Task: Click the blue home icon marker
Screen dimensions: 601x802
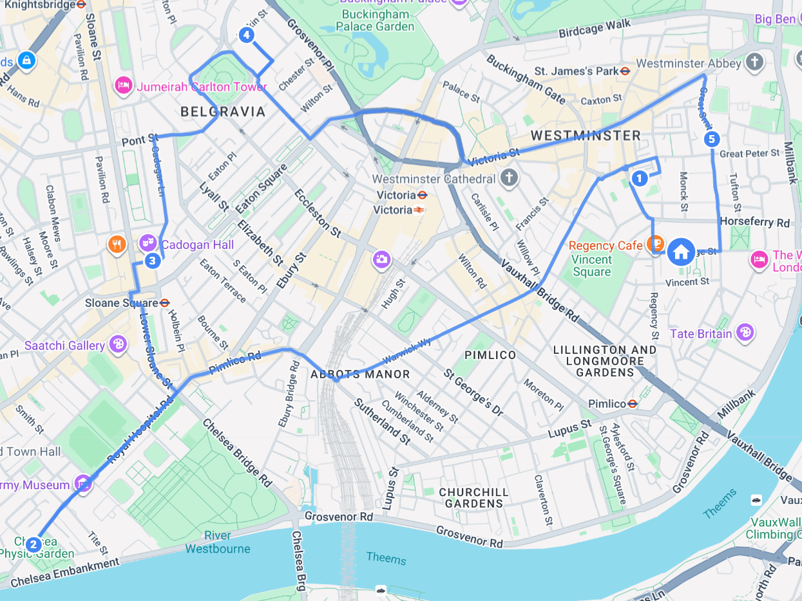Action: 681,252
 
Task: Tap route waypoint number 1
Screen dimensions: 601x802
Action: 639,178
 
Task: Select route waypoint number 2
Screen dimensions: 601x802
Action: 33,544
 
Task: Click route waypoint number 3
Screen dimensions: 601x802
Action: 152,261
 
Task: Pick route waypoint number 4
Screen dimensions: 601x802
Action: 246,35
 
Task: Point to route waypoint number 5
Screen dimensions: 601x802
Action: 711,138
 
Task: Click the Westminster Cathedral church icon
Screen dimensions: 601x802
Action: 510,178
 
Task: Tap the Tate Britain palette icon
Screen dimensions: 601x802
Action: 745,333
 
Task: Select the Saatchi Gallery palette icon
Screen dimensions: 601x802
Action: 118,345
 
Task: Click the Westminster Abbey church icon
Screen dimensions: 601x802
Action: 754,62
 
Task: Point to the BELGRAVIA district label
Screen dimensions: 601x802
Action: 223,112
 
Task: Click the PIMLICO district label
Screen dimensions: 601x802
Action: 490,355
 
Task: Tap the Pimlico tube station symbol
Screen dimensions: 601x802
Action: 633,403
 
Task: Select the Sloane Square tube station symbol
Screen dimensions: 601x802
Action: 164,302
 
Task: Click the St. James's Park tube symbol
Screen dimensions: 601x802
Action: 625,71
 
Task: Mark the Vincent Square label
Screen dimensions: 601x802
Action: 591,265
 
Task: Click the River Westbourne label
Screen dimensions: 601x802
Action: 218,542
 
